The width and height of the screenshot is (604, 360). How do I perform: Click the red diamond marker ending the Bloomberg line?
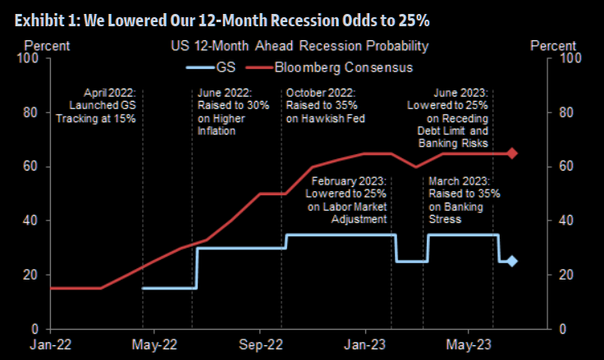512,153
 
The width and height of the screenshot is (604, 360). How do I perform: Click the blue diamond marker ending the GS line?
512,262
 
